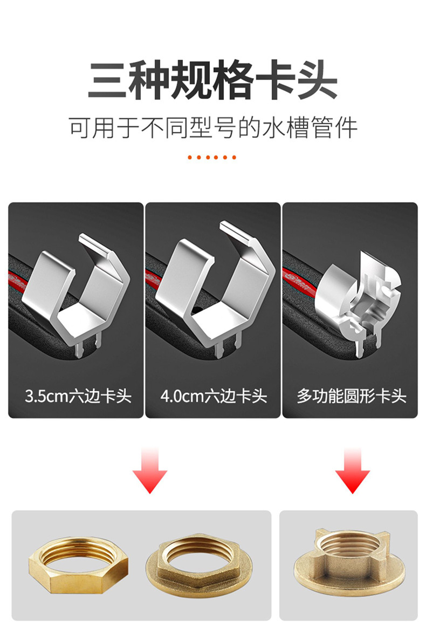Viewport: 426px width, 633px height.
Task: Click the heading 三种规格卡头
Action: pos(212,79)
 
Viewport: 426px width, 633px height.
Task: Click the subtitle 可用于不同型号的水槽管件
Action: pos(213,127)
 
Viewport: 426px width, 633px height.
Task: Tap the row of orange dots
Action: pos(212,157)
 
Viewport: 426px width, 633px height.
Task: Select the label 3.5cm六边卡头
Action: pos(78,396)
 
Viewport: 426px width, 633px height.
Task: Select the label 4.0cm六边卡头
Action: pos(214,396)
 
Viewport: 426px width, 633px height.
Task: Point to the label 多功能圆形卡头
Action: pos(352,396)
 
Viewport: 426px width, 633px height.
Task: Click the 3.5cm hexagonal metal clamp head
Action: pos(77,292)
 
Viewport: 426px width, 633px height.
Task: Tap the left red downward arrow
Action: pos(150,471)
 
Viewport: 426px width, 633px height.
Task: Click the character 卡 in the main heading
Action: pos(276,79)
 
